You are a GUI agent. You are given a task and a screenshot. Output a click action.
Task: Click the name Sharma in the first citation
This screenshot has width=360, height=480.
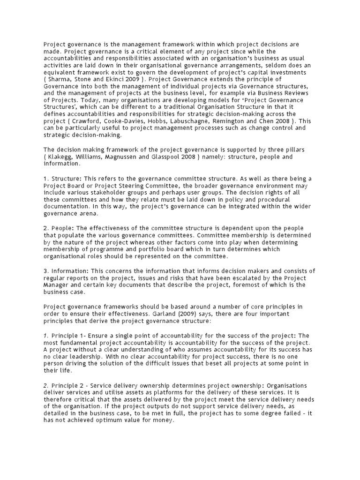click(60, 80)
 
